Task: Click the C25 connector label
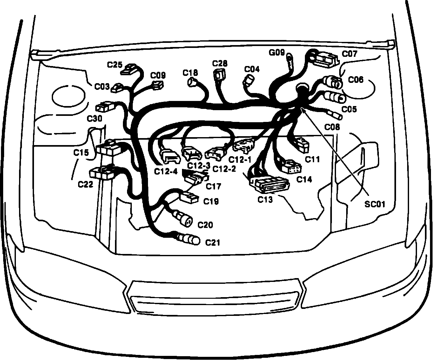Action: [115, 65]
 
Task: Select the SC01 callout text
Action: [375, 204]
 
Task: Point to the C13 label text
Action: [265, 200]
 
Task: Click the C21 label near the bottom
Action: [212, 243]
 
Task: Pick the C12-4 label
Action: [166, 171]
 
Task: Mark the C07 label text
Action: [349, 54]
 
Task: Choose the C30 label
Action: [95, 119]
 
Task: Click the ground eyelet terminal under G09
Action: [290, 58]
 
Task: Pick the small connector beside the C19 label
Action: [189, 197]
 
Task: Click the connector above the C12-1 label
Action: [244, 145]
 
